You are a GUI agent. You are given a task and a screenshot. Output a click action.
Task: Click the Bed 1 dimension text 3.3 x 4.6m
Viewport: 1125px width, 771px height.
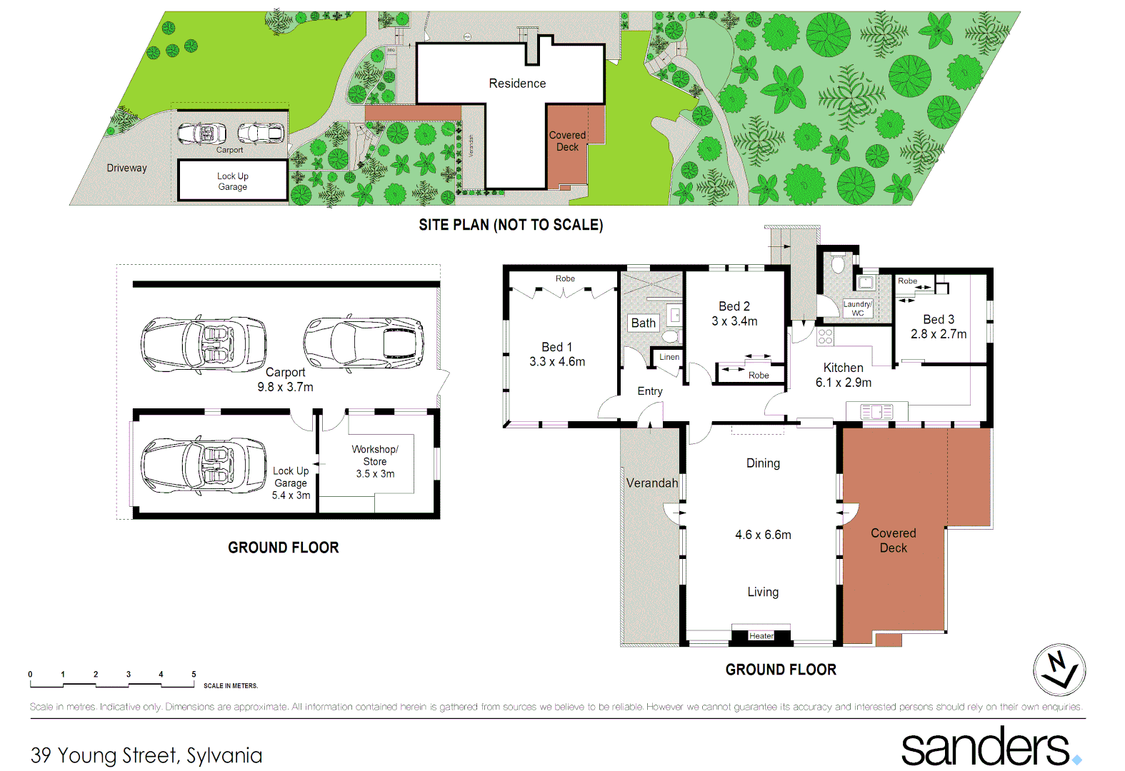point(556,362)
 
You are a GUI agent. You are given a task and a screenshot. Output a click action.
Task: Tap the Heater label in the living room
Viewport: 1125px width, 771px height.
point(761,636)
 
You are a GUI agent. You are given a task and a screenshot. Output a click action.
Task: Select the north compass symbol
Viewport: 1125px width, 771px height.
point(1059,670)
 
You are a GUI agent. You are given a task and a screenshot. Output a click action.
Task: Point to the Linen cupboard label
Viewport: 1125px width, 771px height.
point(669,357)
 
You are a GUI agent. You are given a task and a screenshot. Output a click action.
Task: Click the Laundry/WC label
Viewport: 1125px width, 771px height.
point(857,308)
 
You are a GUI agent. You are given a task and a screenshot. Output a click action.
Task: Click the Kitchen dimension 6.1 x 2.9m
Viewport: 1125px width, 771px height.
point(844,383)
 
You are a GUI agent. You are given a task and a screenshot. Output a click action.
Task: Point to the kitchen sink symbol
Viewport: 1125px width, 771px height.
point(876,412)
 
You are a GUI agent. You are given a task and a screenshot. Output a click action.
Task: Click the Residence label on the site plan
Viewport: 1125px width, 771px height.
point(517,84)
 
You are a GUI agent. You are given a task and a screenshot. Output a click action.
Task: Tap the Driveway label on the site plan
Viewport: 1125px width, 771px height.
point(126,168)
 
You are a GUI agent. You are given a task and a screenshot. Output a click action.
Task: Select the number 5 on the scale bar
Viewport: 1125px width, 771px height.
point(194,674)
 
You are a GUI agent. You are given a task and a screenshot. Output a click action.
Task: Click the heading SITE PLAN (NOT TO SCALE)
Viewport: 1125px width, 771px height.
point(511,225)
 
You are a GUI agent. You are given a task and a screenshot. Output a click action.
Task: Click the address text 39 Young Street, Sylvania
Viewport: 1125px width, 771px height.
point(146,755)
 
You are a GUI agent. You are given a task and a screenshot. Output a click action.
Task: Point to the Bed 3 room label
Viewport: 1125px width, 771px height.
point(938,319)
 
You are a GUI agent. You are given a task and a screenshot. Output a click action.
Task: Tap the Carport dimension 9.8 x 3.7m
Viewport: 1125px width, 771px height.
point(285,387)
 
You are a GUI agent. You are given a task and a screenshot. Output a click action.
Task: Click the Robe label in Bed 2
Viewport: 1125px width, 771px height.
point(759,376)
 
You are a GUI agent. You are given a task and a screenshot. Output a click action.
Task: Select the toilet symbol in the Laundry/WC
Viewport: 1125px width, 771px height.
point(839,266)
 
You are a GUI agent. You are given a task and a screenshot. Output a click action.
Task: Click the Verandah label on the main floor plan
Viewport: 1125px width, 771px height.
point(651,483)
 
